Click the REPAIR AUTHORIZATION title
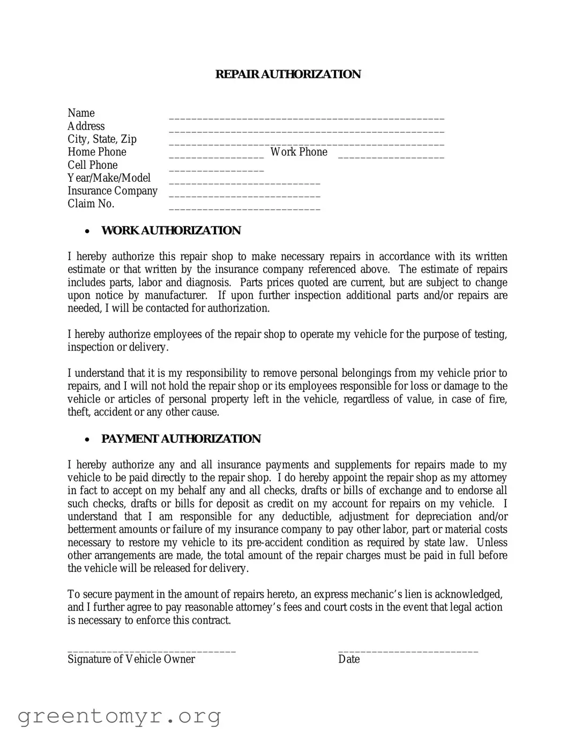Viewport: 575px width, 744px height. (x=288, y=75)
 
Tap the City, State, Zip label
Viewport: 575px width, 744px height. (x=102, y=139)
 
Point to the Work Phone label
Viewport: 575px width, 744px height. (x=298, y=152)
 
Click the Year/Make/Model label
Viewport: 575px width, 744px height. (x=109, y=178)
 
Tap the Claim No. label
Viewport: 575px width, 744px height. (x=91, y=204)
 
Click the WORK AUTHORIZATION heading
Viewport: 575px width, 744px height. (x=171, y=230)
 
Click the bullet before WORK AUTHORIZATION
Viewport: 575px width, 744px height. (x=87, y=232)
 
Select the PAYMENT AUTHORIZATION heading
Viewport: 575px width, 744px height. (x=181, y=439)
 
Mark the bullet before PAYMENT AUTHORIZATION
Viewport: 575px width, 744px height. (x=87, y=440)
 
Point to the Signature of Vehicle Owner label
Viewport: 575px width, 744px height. (x=131, y=659)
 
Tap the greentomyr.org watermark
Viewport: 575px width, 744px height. (x=119, y=716)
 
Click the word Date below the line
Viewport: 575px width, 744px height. (x=349, y=659)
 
